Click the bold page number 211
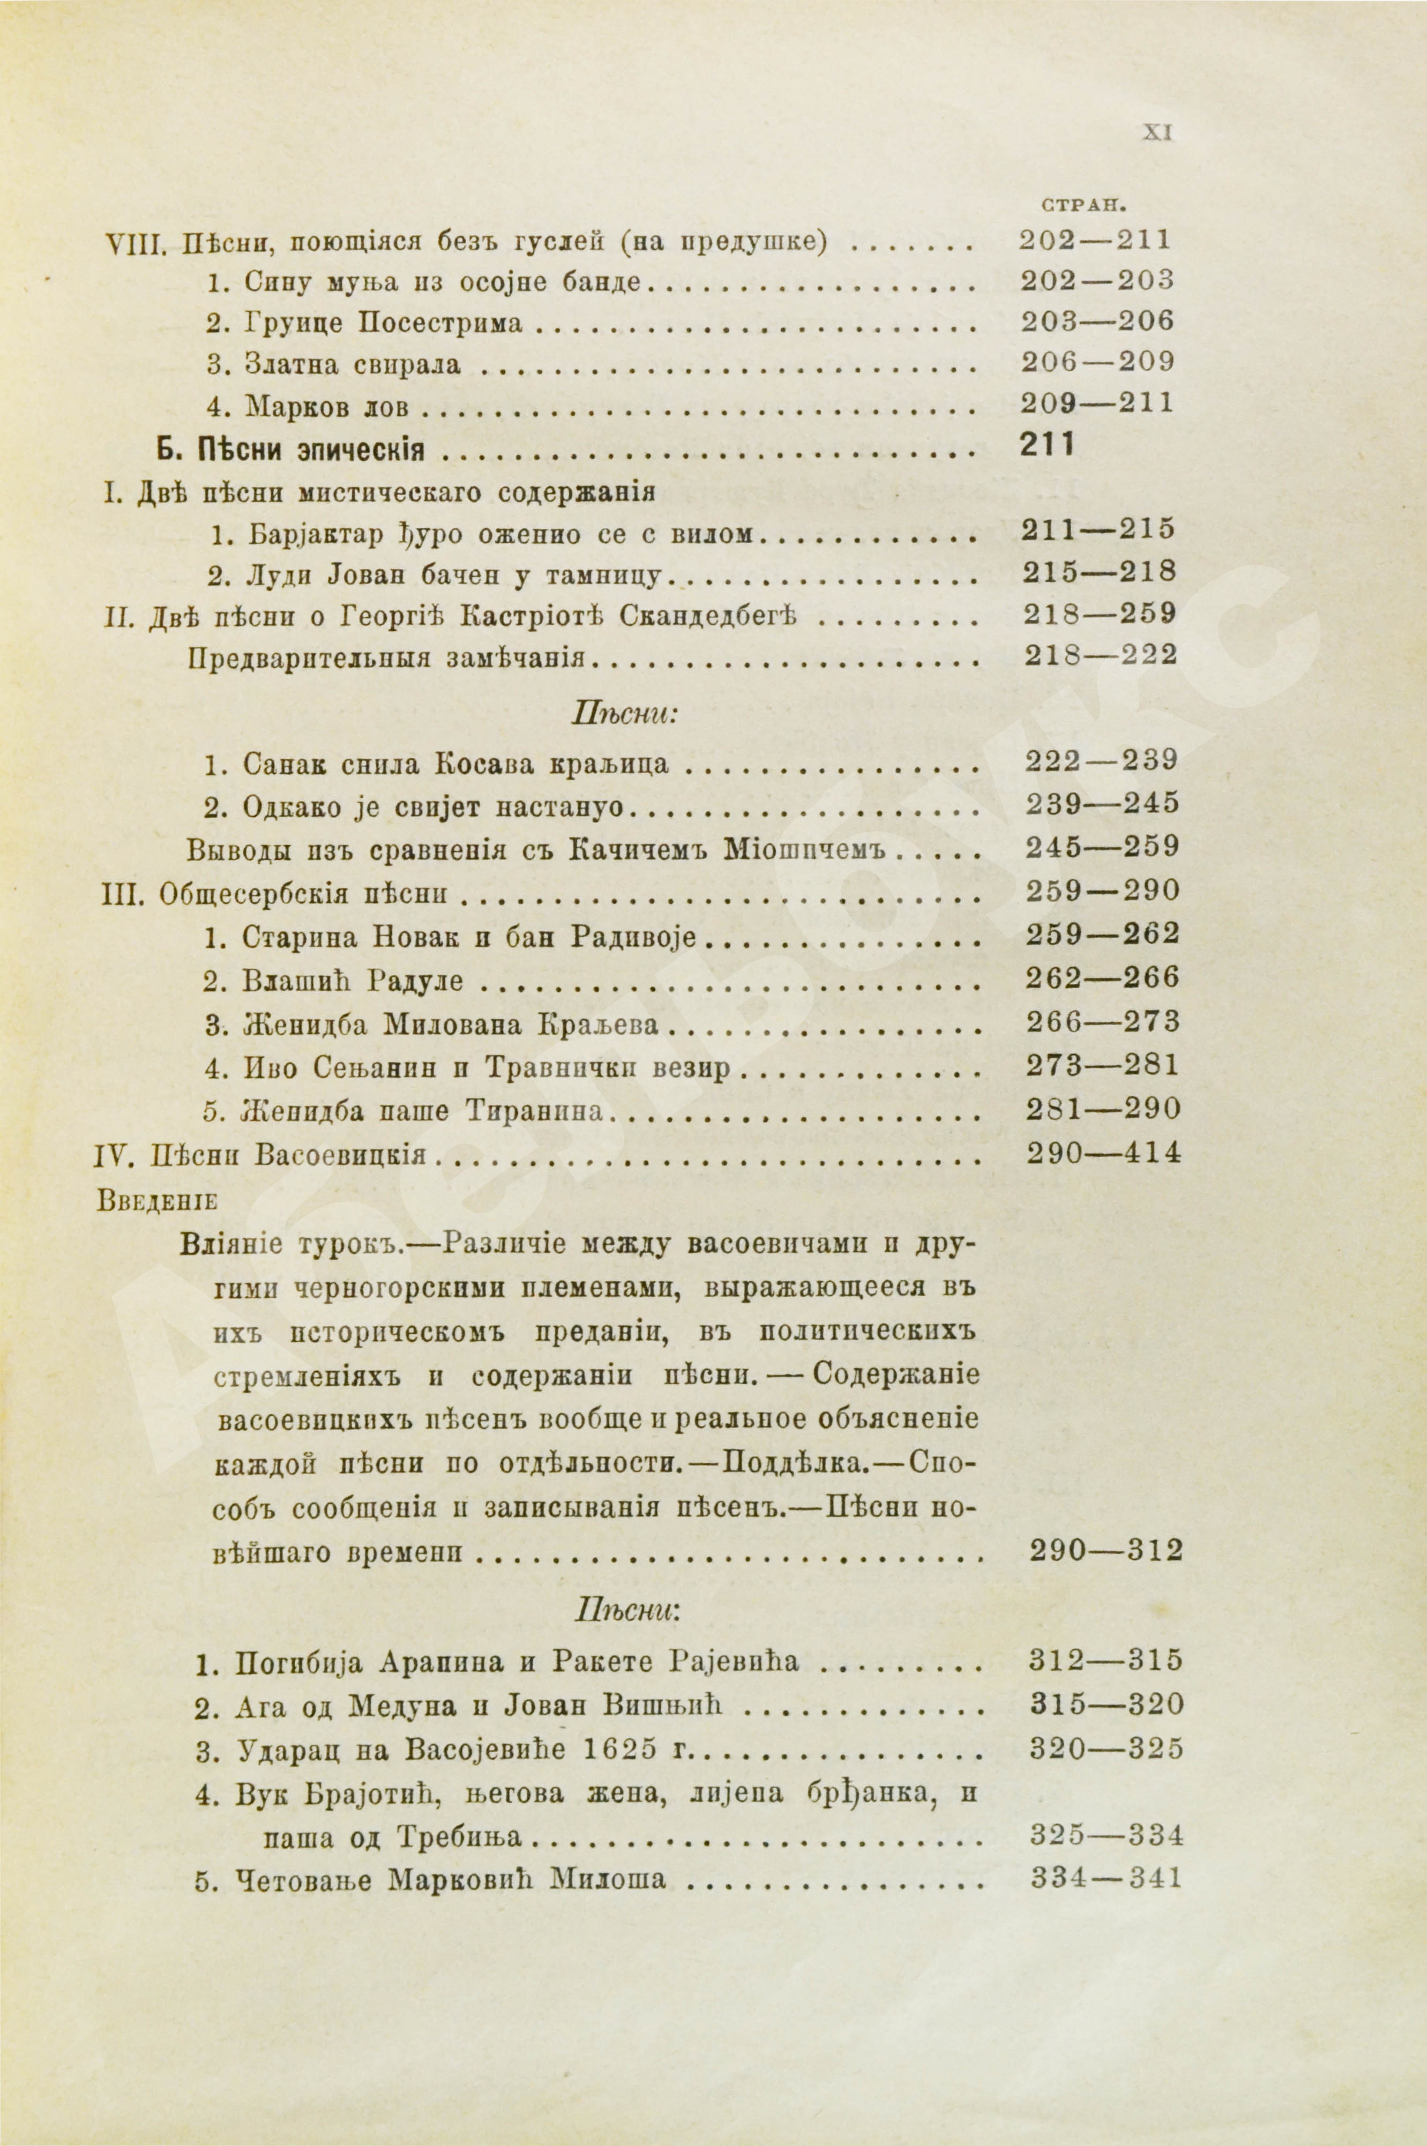(1048, 445)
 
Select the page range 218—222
(1100, 655)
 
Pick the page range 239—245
(1101, 804)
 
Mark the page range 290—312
(1105, 1550)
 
